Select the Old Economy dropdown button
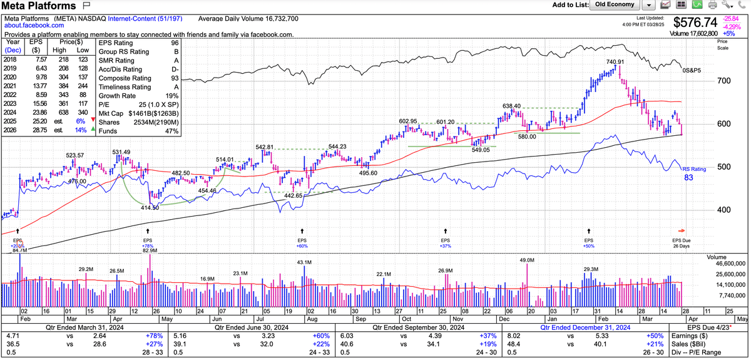point(615,5)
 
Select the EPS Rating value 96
point(174,43)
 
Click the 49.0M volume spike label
point(527,260)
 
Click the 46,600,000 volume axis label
point(727,265)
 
